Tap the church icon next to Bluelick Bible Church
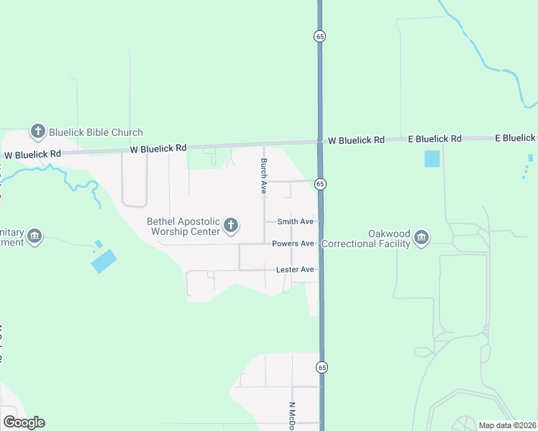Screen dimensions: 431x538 click(38, 131)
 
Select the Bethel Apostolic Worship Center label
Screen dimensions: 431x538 click(183, 226)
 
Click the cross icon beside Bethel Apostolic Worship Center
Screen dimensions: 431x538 click(231, 226)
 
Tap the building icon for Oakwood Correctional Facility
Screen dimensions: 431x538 click(421, 238)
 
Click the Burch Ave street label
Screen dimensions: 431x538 click(264, 176)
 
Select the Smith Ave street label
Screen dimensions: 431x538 click(296, 222)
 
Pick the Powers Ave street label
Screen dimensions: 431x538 click(293, 244)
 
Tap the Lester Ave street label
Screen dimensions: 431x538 click(295, 270)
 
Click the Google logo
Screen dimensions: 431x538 click(24, 422)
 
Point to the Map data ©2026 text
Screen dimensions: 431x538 click(507, 425)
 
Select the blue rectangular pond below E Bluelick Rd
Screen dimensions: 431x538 click(432, 158)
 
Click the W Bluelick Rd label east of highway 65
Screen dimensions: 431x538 click(356, 140)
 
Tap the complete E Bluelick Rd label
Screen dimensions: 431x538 click(434, 139)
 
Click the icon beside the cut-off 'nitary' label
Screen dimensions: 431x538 click(35, 236)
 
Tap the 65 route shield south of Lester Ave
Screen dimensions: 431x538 click(321, 367)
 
